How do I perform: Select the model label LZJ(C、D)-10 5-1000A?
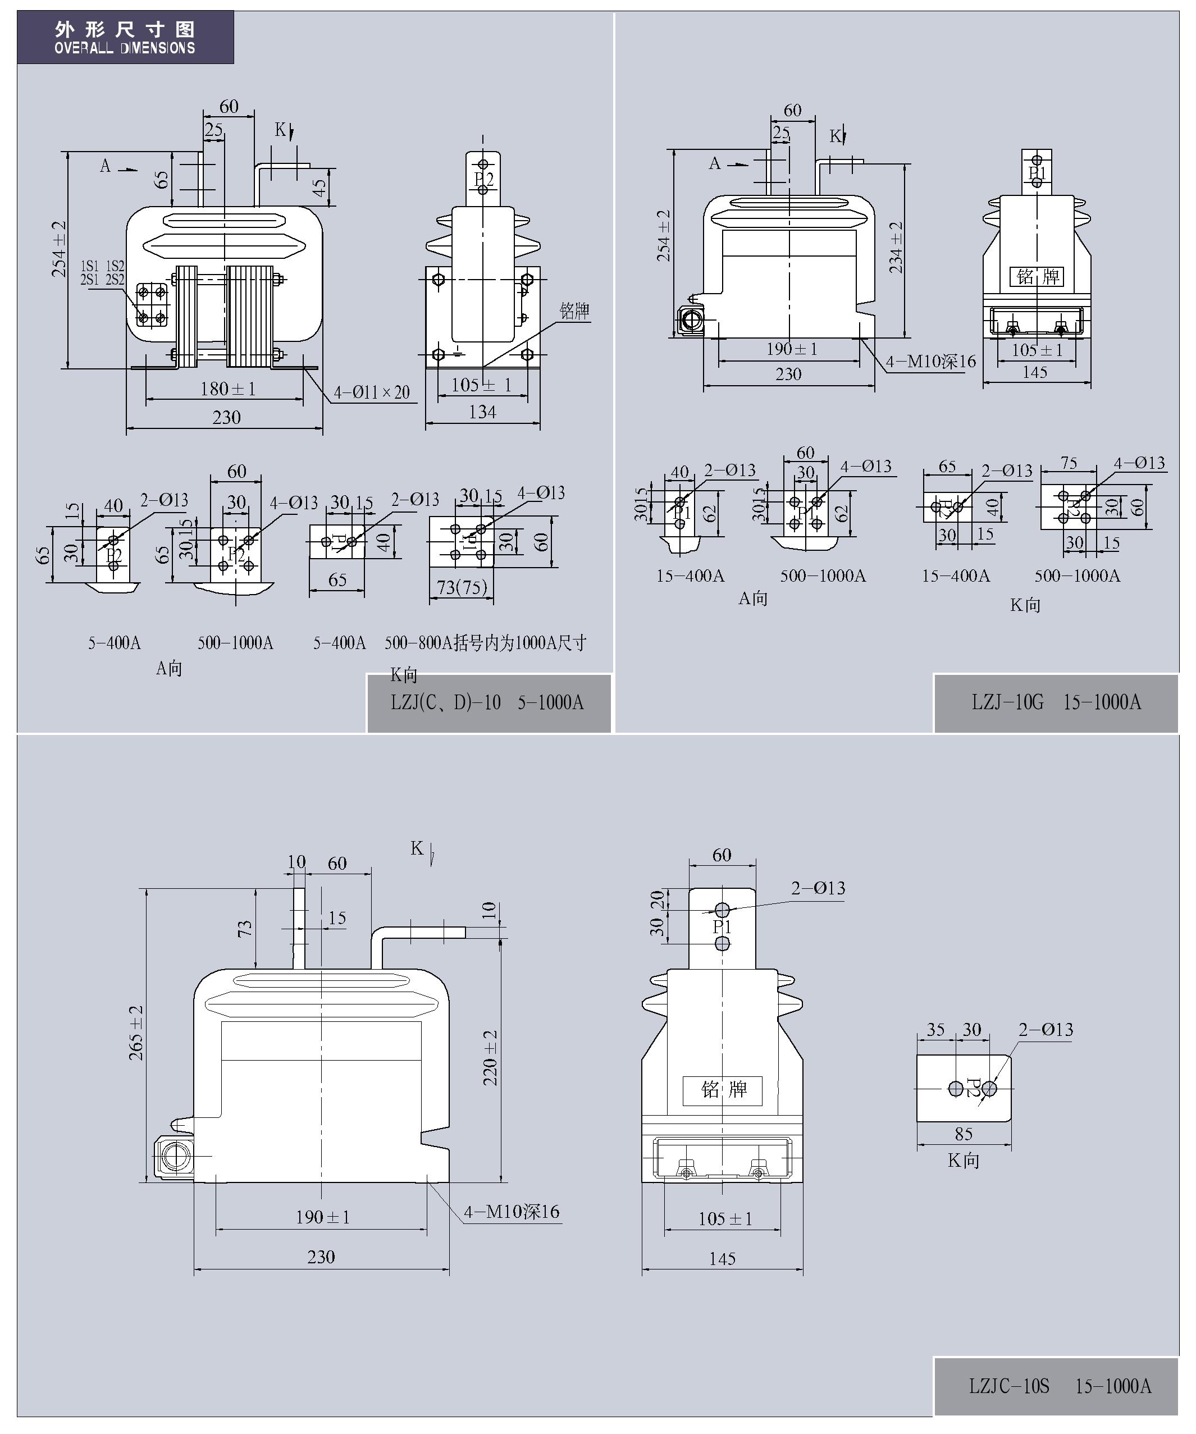coord(487,702)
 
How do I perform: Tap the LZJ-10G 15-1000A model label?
coord(1056,702)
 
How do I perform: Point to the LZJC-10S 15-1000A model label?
coord(1060,1386)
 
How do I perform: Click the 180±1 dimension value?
coord(228,389)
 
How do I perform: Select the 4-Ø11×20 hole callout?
coord(372,392)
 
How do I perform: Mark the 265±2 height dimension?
coord(136,1033)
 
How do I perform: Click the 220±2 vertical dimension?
coord(490,1058)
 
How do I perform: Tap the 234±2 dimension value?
coord(896,247)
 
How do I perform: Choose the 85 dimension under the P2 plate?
coord(964,1134)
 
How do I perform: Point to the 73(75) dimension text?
coord(463,587)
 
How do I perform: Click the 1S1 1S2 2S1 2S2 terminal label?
coord(102,272)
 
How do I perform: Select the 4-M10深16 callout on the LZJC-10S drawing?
coord(512,1212)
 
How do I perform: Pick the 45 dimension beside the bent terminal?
coord(319,188)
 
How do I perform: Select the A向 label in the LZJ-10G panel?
coord(753,599)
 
